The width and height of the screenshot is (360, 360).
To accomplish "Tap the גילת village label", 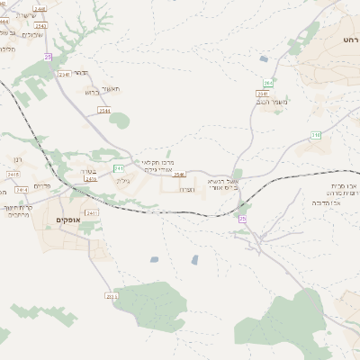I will click(x=123, y=181).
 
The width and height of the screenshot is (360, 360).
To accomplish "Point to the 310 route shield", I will click(x=316, y=135).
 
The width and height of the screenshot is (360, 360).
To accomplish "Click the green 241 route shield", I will click(x=119, y=168).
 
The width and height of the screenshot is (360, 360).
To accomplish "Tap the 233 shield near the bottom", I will click(x=111, y=295).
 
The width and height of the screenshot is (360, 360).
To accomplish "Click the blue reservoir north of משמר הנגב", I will click(x=264, y=59).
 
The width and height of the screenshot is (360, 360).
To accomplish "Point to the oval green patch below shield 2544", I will click(x=119, y=121).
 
